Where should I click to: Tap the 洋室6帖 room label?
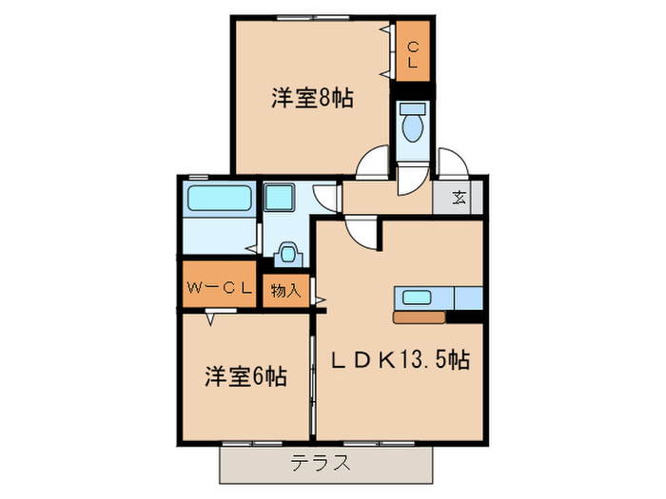(245, 376)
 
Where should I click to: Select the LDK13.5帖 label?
(401, 361)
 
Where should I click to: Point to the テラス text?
(320, 465)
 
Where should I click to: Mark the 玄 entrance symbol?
(459, 199)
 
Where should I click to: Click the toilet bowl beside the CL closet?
(413, 125)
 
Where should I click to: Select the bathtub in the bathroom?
(218, 201)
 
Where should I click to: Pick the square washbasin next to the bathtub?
(282, 199)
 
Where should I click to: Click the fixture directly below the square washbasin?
(285, 254)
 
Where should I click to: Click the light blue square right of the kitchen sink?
(470, 297)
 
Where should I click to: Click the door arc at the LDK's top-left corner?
(362, 232)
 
